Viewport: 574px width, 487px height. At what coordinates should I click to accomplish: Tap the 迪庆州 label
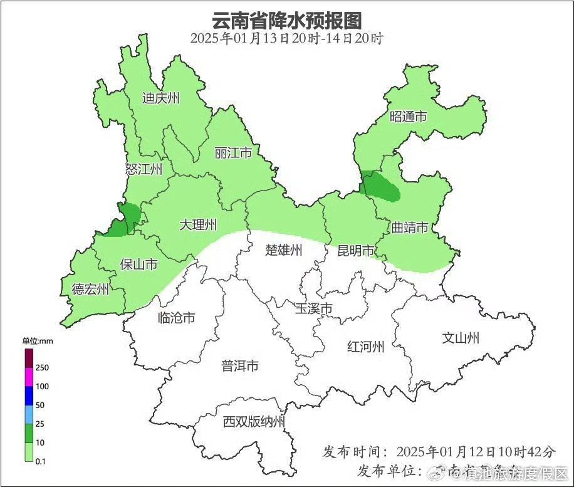click(161, 98)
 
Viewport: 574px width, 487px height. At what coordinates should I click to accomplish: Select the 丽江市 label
click(233, 154)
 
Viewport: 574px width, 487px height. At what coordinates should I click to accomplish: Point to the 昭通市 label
click(408, 117)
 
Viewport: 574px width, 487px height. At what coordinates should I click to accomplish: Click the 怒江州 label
click(143, 169)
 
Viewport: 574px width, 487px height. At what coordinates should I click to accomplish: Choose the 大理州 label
click(198, 224)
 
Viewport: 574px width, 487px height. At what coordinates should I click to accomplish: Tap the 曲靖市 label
click(410, 227)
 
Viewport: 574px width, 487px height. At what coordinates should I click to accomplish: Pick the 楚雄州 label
click(284, 251)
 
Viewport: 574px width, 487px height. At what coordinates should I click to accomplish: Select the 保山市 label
click(138, 265)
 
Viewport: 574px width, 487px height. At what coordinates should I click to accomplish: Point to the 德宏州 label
click(91, 290)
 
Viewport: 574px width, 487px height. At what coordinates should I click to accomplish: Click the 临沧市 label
click(176, 318)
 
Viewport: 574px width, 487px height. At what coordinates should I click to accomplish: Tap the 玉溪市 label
click(313, 309)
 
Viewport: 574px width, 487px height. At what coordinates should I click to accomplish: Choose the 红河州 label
click(365, 347)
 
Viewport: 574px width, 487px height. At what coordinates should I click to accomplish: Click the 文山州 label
click(461, 338)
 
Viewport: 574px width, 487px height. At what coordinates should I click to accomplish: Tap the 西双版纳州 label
click(254, 422)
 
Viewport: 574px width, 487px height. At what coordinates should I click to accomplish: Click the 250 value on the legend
click(43, 367)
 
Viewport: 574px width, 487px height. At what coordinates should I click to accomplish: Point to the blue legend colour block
click(29, 396)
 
